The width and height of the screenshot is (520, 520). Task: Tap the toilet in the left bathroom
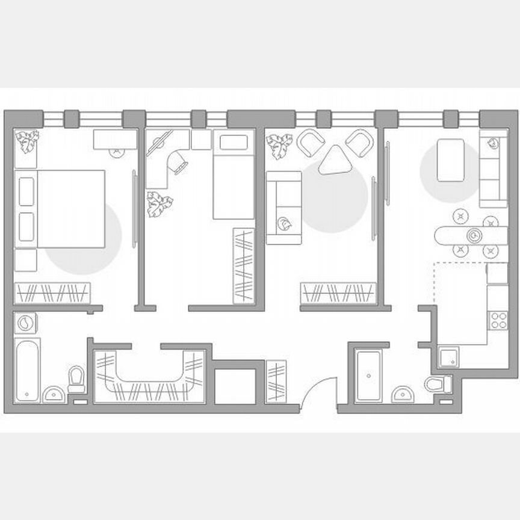tap(77, 379)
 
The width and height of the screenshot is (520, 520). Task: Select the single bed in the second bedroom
tap(233, 176)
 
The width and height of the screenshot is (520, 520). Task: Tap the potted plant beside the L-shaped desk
tap(159, 204)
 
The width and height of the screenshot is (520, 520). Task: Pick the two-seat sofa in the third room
tap(283, 208)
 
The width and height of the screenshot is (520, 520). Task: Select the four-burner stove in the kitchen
tap(499, 320)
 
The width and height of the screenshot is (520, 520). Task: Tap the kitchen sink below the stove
tap(448, 358)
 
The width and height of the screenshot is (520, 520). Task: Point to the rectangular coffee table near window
tap(450, 160)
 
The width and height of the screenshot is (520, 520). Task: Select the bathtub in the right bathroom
tap(367, 376)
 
